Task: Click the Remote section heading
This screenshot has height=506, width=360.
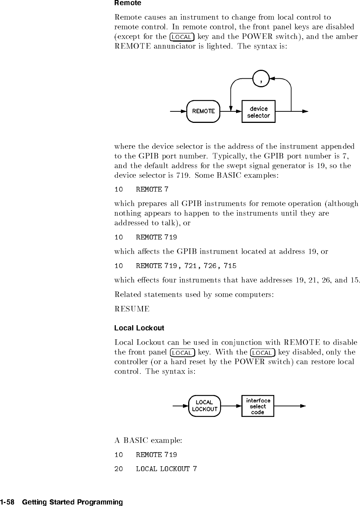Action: pos(128,3)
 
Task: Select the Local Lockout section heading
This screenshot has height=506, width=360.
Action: pos(139,328)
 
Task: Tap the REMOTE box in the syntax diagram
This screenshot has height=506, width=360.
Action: pos(203,111)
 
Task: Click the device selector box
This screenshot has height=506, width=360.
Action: pos(258,112)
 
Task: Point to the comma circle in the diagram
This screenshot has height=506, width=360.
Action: pos(262,79)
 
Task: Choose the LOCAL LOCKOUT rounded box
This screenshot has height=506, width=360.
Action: pos(204,406)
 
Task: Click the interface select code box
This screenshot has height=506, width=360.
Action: pos(258,406)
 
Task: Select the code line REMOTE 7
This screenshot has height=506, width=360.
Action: pos(141,189)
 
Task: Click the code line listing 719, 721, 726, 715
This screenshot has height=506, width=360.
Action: pos(175,266)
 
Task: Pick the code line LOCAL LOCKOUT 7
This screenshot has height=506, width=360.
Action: pos(156,469)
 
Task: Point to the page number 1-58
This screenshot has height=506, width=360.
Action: pos(7,502)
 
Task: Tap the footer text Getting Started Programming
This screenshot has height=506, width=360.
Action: pos(72,502)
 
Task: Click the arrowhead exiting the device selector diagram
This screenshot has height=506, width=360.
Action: pos(305,111)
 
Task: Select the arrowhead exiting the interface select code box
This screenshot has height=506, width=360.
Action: pos(303,406)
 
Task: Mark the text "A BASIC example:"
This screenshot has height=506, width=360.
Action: pos(148,441)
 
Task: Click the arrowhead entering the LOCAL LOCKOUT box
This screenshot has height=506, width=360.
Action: pos(186,406)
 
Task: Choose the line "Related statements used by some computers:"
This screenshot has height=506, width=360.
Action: pos(194,295)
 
